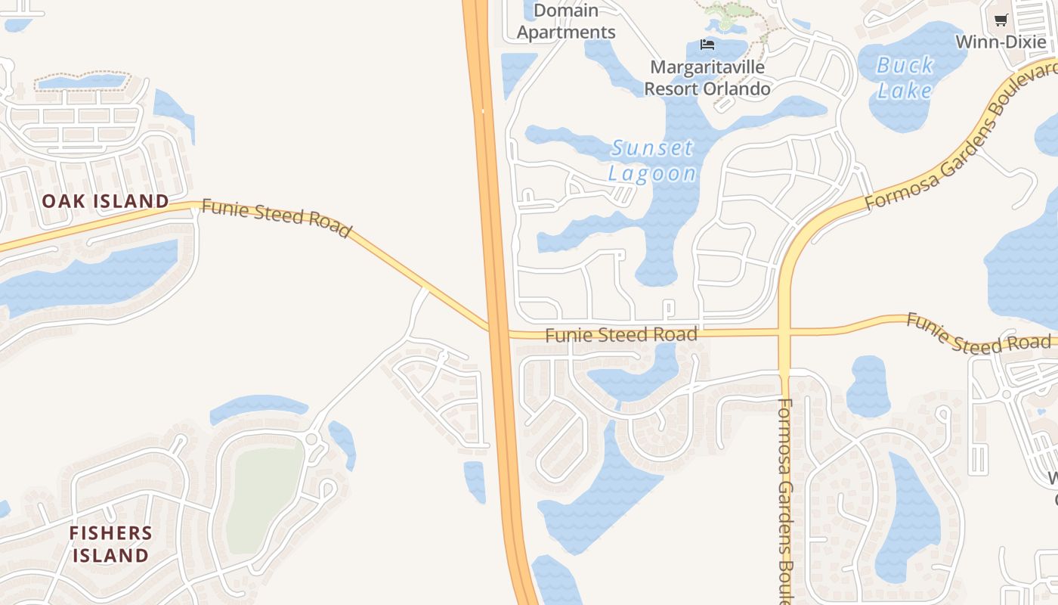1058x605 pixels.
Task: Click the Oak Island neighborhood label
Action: (x=105, y=201)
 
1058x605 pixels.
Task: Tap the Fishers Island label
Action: (x=110, y=544)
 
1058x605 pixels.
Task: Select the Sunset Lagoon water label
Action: (x=652, y=160)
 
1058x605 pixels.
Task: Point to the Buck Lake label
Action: (x=905, y=78)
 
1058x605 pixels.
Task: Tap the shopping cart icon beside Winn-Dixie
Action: (x=1001, y=20)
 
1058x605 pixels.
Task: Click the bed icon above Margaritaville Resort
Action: (x=707, y=45)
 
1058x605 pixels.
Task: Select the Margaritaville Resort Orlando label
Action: (x=707, y=78)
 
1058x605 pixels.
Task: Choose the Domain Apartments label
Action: (x=566, y=21)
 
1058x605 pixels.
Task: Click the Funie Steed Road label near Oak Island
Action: (x=277, y=219)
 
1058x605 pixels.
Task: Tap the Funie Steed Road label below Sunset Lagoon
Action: (x=620, y=334)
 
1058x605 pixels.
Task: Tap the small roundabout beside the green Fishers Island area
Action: (x=311, y=439)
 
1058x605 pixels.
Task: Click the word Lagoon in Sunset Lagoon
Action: (x=652, y=173)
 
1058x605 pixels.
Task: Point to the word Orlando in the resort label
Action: (x=737, y=88)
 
